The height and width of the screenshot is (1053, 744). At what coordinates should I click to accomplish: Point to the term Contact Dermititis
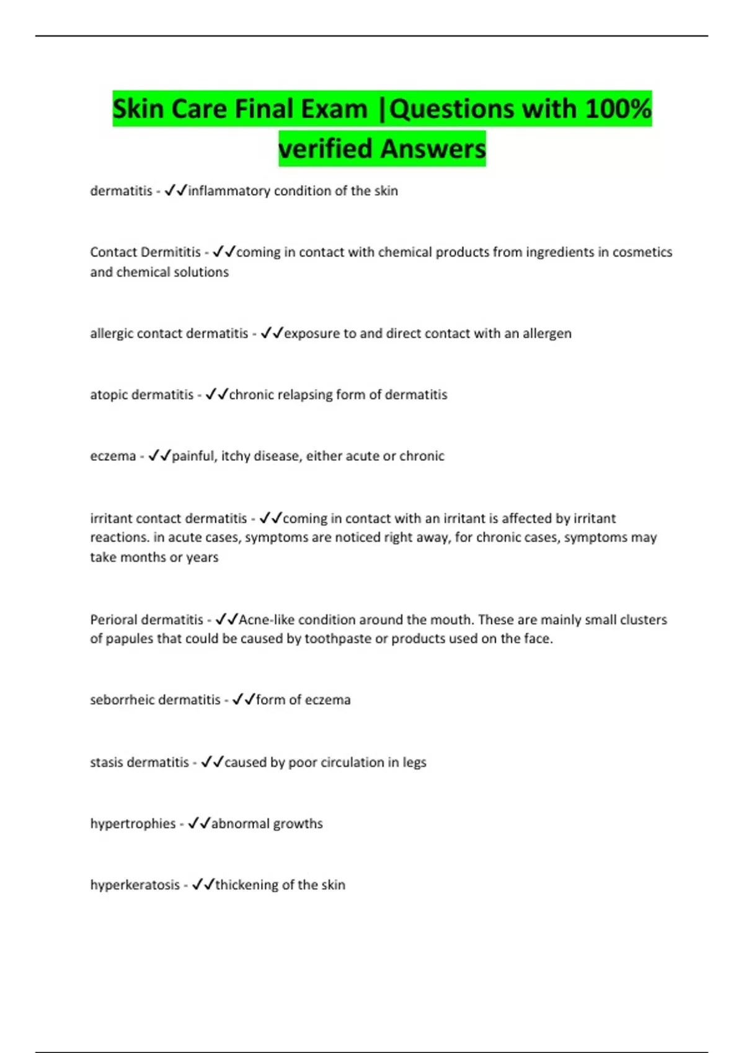(145, 252)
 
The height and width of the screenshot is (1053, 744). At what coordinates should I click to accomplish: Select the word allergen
(547, 333)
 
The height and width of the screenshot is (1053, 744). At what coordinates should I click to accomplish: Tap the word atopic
(109, 395)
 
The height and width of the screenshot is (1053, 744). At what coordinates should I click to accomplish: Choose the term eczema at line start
(113, 456)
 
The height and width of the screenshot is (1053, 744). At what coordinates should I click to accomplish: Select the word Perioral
(115, 619)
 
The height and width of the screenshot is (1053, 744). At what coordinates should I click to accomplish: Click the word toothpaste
(338, 639)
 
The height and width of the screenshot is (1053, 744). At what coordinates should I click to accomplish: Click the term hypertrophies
(133, 824)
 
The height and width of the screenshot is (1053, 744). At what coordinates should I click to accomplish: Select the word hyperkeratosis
(135, 885)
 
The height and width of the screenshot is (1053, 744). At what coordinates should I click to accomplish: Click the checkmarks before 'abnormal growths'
(199, 823)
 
